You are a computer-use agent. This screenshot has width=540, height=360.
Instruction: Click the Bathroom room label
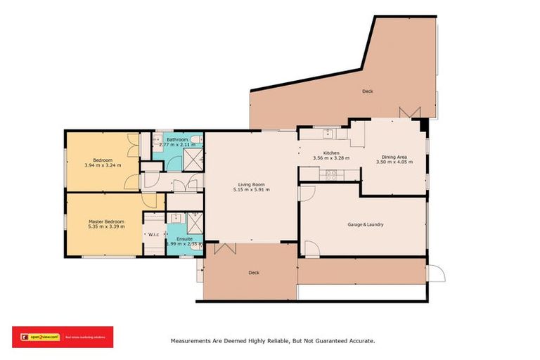click(176, 139)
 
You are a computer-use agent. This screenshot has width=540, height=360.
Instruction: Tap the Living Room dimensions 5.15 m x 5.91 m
click(252, 190)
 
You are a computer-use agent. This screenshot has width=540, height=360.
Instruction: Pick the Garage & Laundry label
click(365, 225)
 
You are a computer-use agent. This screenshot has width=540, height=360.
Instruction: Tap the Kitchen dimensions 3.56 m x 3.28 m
click(331, 159)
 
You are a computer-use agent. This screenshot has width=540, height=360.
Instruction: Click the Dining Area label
click(393, 157)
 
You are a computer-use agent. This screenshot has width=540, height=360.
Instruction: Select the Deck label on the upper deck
click(367, 91)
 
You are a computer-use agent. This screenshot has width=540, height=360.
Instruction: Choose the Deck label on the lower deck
click(254, 273)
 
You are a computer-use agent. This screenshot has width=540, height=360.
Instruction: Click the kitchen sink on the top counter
click(327, 134)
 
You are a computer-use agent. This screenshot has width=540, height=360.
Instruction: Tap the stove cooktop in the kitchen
click(331, 173)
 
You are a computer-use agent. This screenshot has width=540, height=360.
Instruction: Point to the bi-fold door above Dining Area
click(409, 112)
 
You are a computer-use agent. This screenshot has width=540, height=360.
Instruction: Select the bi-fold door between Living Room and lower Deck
click(226, 247)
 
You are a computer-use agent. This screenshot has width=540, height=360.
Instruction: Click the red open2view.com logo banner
click(63, 337)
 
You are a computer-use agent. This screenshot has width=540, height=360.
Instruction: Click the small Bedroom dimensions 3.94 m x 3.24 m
click(103, 165)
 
